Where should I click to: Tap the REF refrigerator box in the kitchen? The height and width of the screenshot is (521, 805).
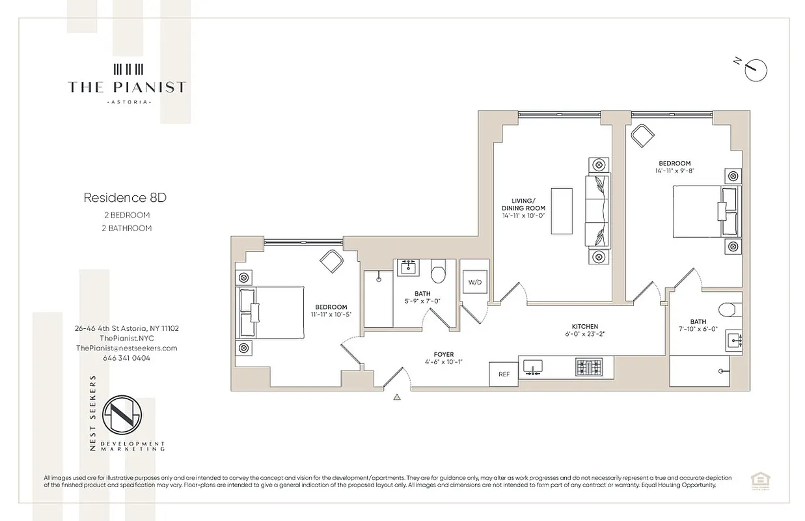[503, 374]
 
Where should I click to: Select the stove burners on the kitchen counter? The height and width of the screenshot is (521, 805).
[590, 367]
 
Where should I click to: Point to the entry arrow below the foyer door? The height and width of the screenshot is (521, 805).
[397, 396]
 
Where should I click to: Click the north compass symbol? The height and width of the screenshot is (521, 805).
[756, 68]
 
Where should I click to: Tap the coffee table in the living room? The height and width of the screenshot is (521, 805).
[561, 210]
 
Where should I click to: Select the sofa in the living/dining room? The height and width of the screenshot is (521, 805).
[598, 210]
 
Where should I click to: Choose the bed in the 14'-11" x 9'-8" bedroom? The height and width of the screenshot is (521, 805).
[706, 212]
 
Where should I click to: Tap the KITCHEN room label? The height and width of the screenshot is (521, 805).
[584, 327]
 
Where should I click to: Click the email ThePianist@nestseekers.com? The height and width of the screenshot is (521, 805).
[126, 348]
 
